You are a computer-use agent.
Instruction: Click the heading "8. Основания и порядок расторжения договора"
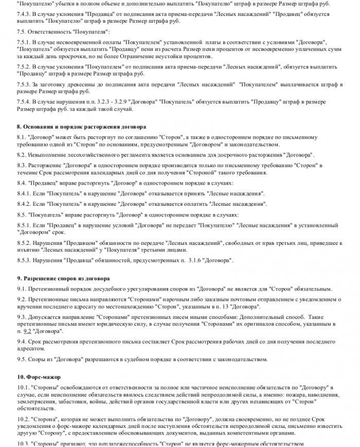point(81,127)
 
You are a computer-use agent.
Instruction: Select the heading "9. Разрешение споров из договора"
point(63,278)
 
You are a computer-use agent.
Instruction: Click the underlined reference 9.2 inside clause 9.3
point(28,332)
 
